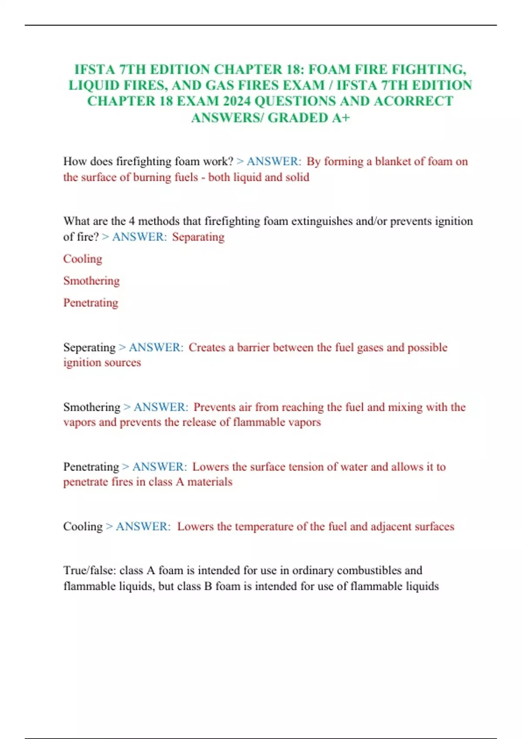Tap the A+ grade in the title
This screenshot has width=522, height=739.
point(341,117)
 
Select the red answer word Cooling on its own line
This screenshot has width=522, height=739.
point(83,259)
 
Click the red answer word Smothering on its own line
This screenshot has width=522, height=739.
point(91,281)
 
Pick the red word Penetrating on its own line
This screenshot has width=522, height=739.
point(90,303)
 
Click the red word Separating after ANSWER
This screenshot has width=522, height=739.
point(198,237)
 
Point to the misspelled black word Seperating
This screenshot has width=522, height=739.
point(89,347)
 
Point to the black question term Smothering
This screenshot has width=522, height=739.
point(92,407)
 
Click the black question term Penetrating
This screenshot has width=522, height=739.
point(91,467)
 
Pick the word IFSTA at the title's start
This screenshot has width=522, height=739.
point(94,70)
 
